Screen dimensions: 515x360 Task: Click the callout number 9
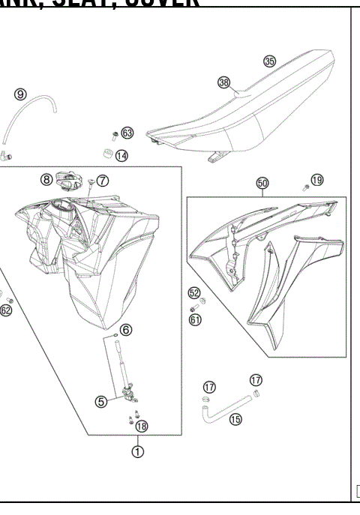tap(21, 94)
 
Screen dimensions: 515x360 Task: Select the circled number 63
tap(127, 133)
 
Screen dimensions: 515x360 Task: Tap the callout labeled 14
tap(121, 156)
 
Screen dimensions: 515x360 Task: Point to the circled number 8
tap(46, 179)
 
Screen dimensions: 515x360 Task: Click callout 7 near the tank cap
tap(103, 180)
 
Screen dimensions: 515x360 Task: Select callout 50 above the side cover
tap(262, 182)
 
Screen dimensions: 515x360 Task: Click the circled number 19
tap(317, 180)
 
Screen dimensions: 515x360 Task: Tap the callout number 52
tap(193, 293)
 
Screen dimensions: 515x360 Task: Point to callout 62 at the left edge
tap(6, 310)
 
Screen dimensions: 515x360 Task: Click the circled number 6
tap(125, 329)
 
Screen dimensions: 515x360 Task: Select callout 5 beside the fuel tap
tap(100, 401)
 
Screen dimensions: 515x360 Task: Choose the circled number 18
tap(141, 426)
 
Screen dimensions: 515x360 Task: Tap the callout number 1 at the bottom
tap(138, 451)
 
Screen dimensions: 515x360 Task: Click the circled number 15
tap(235, 419)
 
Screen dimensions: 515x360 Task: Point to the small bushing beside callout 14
tap(106, 155)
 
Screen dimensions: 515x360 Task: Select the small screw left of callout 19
tap(304, 187)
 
